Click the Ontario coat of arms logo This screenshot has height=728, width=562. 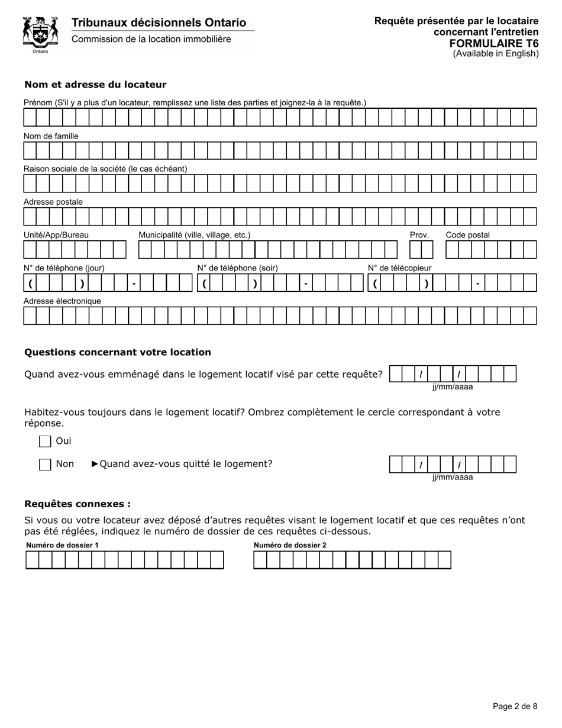point(40,34)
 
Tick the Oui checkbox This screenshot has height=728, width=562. point(45,442)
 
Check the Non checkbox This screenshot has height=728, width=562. point(45,465)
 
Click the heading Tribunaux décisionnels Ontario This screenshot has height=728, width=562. point(159,22)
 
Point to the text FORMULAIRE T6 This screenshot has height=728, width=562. point(493,43)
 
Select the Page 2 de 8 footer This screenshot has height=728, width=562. point(515,706)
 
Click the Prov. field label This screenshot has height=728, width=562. point(419,235)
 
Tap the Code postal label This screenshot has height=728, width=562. point(467,235)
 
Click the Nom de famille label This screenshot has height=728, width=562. point(51,136)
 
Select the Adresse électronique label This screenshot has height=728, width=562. point(62,301)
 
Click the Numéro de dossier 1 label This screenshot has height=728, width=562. point(62,545)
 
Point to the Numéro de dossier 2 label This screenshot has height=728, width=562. point(290,545)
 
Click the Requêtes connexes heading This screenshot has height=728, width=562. point(77,504)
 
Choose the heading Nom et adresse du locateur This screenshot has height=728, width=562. point(95,85)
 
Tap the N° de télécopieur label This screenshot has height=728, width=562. point(399,268)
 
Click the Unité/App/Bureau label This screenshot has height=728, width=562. point(56,235)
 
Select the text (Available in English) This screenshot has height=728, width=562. point(496,53)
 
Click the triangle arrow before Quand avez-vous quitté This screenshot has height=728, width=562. point(95,464)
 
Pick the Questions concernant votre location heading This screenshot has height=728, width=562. point(117,352)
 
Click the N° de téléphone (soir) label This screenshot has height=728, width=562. point(237,268)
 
